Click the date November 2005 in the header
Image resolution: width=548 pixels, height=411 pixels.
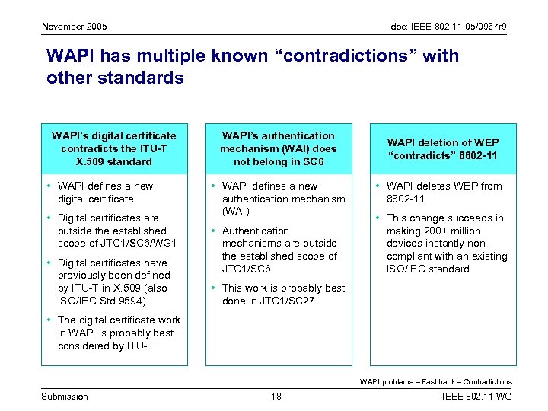(x=75, y=27)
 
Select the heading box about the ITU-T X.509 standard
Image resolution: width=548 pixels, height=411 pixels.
(x=113, y=148)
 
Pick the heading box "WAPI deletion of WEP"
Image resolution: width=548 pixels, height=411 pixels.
(x=443, y=148)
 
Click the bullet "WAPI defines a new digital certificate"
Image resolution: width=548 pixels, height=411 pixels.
(x=105, y=193)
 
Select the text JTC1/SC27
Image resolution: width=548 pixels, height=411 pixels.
(x=294, y=301)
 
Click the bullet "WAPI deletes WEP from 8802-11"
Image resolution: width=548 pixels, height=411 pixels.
(x=444, y=193)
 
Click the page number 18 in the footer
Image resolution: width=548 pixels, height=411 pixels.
(x=276, y=396)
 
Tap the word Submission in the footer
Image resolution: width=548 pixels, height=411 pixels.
(x=65, y=396)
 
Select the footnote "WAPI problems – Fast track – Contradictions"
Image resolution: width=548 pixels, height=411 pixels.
(x=435, y=381)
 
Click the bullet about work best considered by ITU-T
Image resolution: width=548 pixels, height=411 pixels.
(x=119, y=333)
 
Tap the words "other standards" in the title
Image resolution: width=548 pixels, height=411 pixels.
(x=115, y=78)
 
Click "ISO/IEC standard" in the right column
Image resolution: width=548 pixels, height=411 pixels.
(x=428, y=269)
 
